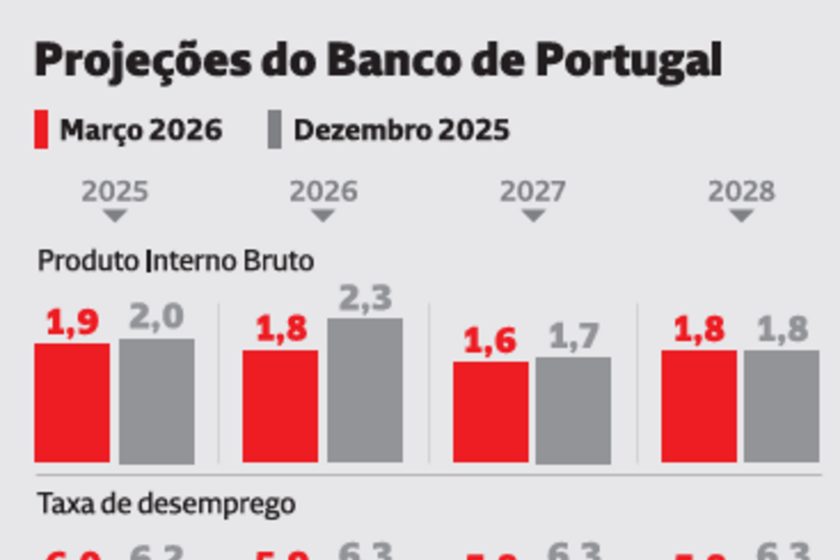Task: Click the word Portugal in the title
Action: click(629, 61)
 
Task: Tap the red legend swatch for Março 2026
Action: click(41, 130)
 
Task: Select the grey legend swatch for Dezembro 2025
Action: click(275, 130)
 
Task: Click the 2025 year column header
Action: click(114, 191)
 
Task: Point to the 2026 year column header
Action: click(323, 191)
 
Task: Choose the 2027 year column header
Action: click(533, 191)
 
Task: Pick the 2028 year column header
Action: click(741, 191)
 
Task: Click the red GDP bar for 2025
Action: click(72, 402)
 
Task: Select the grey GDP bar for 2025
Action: click(157, 400)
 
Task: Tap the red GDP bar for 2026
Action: click(280, 406)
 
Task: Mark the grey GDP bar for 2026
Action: click(365, 390)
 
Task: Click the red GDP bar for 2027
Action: click(490, 411)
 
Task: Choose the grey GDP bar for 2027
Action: click(573, 409)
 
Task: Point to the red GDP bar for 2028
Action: click(698, 406)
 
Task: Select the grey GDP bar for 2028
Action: click(781, 406)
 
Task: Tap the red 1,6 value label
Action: click(489, 341)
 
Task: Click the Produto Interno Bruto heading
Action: click(176, 262)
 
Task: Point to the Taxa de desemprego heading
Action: click(166, 504)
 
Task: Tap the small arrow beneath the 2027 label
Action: click(534, 216)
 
